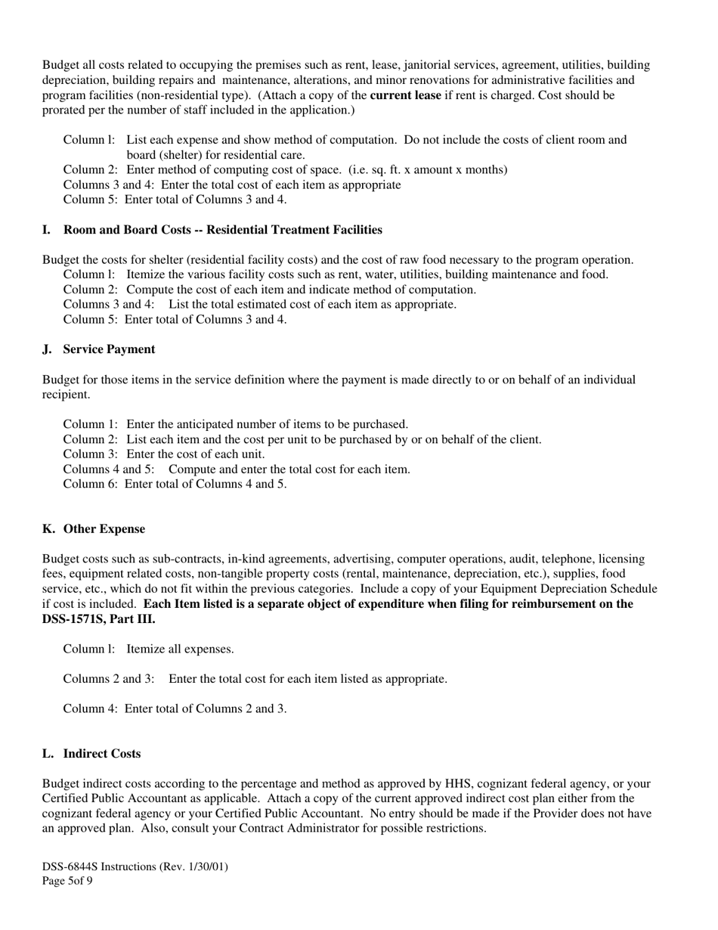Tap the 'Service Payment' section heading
pyautogui.click(x=109, y=349)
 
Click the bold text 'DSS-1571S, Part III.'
pyautogui.click(x=99, y=618)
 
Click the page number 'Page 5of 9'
pyautogui.click(x=67, y=881)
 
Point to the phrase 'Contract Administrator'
pyautogui.click(x=301, y=828)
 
